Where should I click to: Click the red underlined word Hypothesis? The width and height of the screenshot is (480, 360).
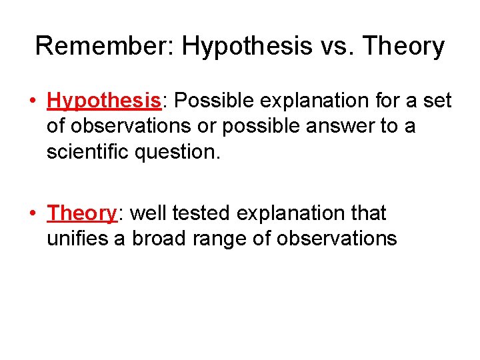point(104,101)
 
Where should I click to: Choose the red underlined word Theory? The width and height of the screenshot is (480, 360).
point(82,213)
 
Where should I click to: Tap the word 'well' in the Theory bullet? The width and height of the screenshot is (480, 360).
point(147,213)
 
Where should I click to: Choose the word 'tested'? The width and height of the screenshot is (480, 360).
point(201,213)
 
